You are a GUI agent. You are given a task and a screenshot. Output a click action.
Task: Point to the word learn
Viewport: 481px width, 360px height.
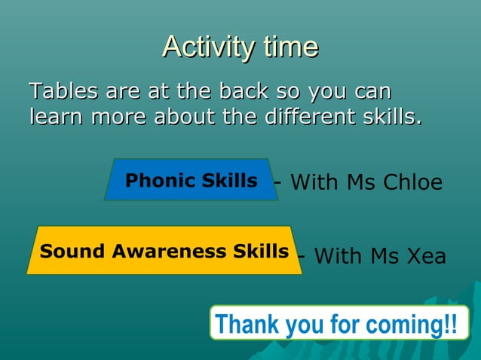click(57, 117)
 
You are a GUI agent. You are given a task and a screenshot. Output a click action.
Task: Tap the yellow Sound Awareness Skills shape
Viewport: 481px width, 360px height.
click(164, 251)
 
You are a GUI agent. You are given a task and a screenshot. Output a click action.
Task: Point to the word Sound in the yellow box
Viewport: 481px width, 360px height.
click(73, 251)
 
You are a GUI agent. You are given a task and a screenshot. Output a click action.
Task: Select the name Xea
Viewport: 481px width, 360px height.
click(426, 257)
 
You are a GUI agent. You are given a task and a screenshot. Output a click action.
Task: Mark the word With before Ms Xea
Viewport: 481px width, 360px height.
click(339, 257)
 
